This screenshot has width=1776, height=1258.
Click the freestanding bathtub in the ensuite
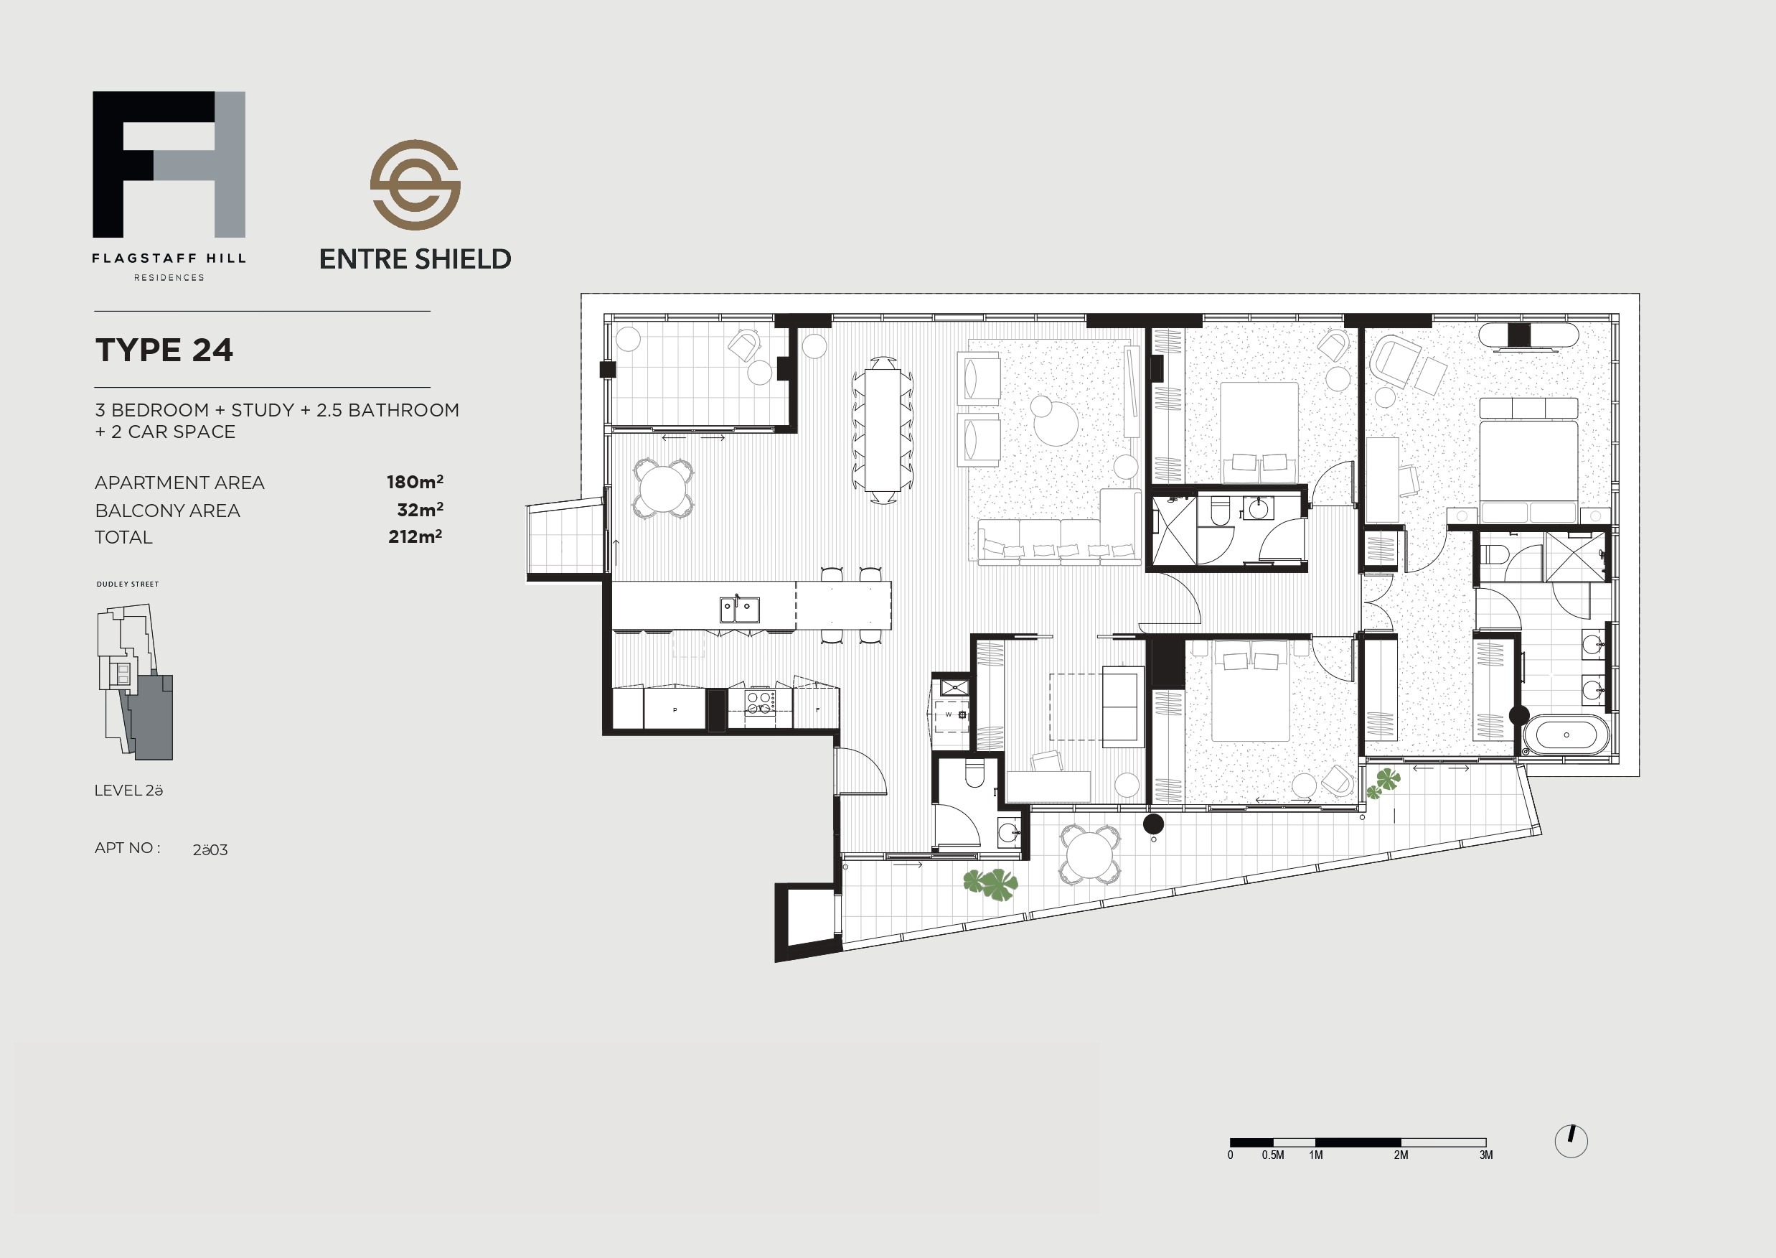pos(1566,735)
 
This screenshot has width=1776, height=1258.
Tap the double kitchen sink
pos(739,610)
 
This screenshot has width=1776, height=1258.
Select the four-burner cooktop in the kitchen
pos(760,702)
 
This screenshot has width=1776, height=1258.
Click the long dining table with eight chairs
pos(883,431)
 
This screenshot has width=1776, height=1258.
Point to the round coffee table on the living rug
pos(1056,423)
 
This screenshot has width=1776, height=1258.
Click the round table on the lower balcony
pos(1089,855)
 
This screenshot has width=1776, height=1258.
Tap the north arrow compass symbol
pos(1571,1141)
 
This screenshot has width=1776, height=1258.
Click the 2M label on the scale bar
pos(1401,1155)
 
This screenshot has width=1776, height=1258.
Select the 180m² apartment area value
pos(415,482)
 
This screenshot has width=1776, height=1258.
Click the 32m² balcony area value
pos(420,510)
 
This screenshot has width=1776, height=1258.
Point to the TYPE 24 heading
pos(164,350)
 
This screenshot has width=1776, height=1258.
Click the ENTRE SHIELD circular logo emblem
pos(415,185)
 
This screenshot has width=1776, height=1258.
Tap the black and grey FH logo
pos(169,164)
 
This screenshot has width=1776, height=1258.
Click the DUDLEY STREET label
pos(128,584)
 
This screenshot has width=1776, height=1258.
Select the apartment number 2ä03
pos(210,849)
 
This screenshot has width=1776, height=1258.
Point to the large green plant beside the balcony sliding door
pos(991,884)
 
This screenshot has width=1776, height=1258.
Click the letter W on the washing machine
pos(949,714)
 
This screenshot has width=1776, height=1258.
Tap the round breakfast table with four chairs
pos(664,488)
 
